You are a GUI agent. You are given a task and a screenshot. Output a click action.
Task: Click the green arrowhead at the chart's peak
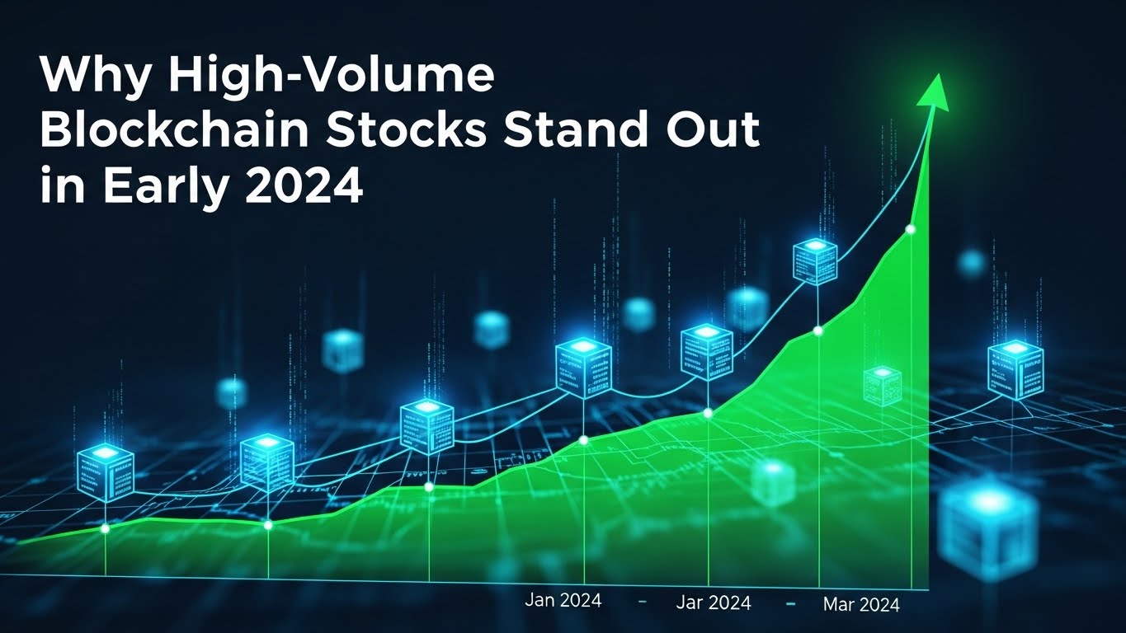coord(935,92)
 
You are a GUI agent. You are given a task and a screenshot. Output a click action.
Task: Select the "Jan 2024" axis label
coord(563,600)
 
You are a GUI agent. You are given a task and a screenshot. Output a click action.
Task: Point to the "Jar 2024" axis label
coord(714,603)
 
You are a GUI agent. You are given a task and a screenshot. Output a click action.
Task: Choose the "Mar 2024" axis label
coord(861,605)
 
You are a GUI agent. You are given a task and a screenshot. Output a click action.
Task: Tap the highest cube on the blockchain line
coord(815,261)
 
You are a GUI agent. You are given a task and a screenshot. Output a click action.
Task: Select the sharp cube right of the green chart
coord(1015,369)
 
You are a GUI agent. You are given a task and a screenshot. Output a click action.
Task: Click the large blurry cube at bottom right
coord(989,520)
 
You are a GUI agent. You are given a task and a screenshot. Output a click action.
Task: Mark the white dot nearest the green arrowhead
coord(911,229)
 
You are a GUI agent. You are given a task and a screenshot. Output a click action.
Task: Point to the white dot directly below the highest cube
coord(817,331)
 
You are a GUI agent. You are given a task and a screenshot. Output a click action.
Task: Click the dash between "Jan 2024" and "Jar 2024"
coord(642,603)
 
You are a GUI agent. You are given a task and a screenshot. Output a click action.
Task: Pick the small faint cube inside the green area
coord(882,386)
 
